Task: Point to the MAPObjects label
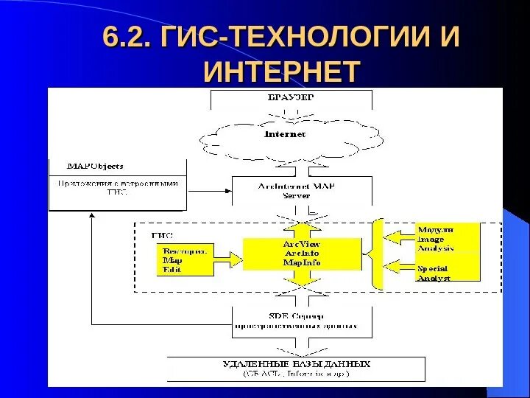95,166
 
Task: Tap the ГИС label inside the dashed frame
162,235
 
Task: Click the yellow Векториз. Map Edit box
184,259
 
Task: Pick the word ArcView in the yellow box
302,244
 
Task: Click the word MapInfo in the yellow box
302,263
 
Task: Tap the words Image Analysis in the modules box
437,243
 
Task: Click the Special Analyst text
434,273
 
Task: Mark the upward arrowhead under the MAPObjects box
91,217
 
